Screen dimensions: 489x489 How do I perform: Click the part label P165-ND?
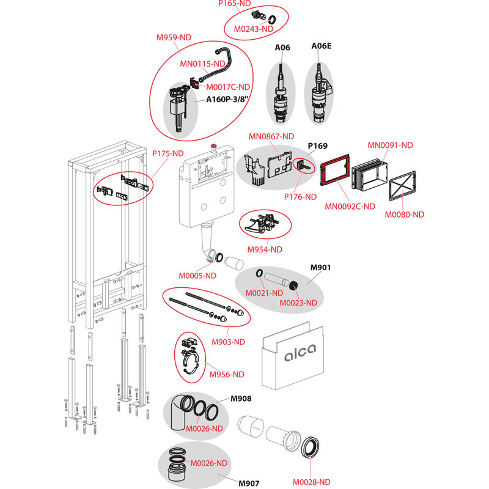tap(235, 4)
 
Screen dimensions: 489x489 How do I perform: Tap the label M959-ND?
tap(174, 37)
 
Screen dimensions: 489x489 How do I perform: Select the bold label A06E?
tap(322, 46)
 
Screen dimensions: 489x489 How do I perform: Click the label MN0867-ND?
tap(272, 136)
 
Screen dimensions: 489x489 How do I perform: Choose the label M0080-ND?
tap(404, 214)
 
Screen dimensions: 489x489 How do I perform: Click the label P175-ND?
tap(167, 153)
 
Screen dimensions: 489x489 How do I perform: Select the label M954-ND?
tap(265, 249)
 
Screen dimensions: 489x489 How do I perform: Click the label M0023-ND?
tap(298, 303)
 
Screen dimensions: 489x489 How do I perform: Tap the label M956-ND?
tap(226, 374)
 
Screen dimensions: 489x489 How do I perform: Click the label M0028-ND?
tap(311, 481)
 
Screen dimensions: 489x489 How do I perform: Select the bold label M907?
tap(249, 483)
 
